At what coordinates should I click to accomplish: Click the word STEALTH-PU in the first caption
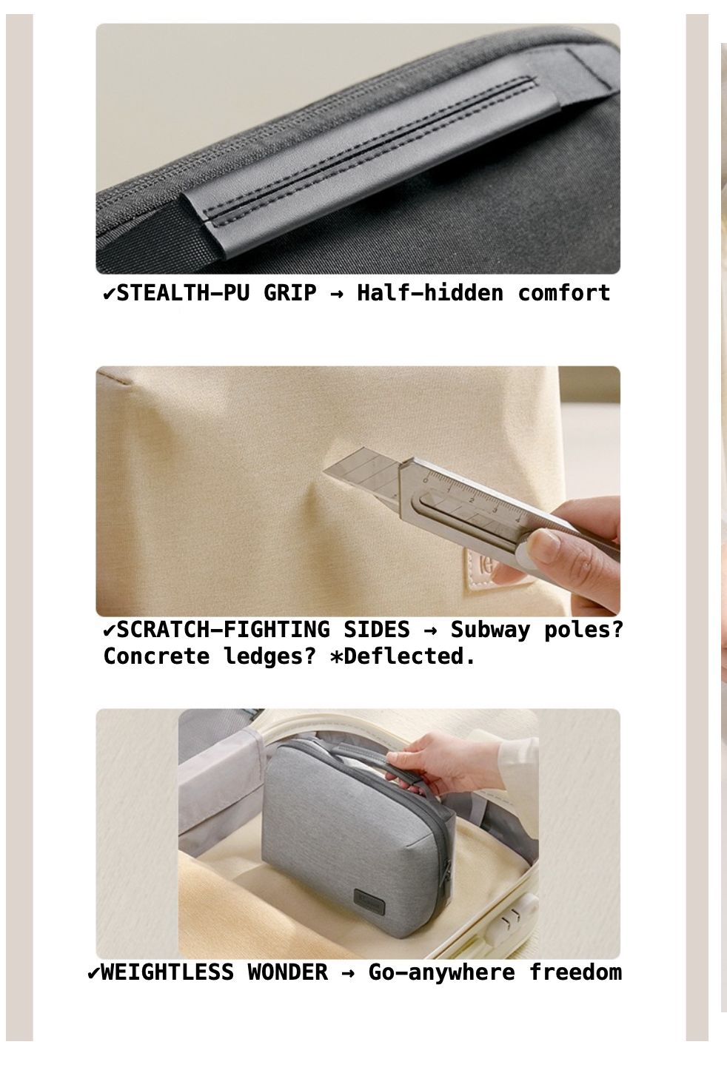coord(183,293)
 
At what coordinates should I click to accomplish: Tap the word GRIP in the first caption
coord(289,293)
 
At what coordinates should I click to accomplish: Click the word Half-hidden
coord(430,293)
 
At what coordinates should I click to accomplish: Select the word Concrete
coord(156,656)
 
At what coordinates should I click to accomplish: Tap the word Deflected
coord(409,656)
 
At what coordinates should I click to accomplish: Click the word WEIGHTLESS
coord(167,972)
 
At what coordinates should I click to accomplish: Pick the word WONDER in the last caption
coord(288,972)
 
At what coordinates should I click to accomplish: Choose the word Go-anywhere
coord(441,973)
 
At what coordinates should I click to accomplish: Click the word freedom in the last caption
coord(575,972)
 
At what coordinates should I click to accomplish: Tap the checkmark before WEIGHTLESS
coord(93,973)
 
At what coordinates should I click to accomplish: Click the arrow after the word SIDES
coord(430,631)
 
